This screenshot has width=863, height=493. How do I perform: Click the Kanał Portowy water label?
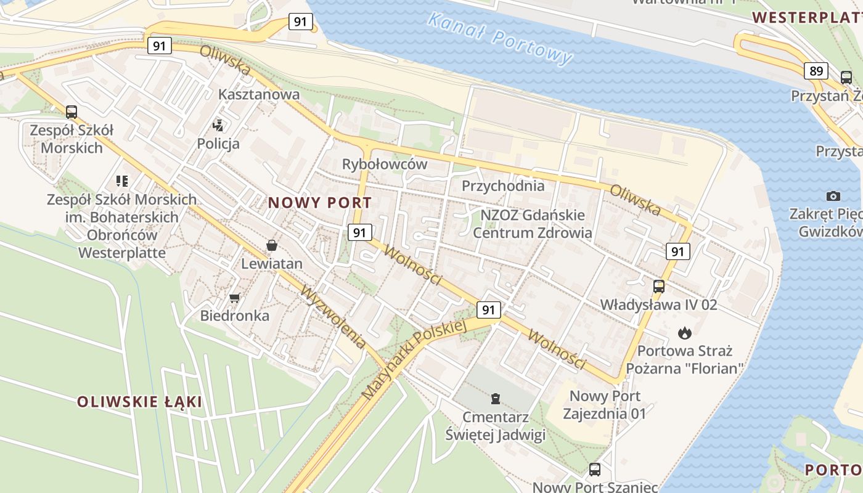(499, 38)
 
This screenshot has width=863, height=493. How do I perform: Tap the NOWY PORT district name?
(320, 203)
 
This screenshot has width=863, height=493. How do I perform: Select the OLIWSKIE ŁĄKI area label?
(139, 402)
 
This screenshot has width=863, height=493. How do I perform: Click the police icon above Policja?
(218, 126)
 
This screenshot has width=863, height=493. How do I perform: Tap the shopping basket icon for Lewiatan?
(271, 245)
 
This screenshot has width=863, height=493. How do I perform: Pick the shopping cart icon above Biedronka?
(234, 298)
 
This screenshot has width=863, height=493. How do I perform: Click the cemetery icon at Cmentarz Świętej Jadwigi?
(495, 398)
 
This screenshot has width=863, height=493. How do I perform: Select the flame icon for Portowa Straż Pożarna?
(684, 333)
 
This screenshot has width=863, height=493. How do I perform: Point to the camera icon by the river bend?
(833, 196)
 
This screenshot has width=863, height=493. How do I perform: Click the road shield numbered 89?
(816, 71)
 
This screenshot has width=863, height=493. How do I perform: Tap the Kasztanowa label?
(259, 94)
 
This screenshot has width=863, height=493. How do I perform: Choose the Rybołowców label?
(385, 164)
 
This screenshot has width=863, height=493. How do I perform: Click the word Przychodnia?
(503, 185)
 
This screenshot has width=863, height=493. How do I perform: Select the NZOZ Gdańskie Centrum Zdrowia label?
(533, 224)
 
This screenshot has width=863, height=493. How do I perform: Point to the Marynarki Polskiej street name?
(414, 359)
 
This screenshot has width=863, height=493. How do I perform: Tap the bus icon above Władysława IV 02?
(659, 286)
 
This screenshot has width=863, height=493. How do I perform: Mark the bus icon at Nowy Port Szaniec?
(595, 469)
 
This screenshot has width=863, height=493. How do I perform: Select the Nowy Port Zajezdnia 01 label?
(605, 404)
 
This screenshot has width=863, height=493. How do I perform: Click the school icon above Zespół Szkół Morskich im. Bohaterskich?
(122, 181)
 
